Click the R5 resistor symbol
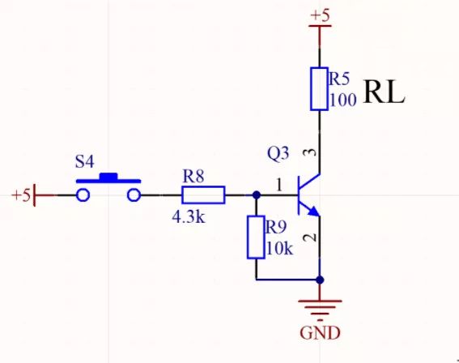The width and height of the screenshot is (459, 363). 319,89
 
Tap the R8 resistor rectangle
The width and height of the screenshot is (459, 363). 202,194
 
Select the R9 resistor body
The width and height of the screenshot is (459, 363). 256,237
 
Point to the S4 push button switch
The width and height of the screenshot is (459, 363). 108,189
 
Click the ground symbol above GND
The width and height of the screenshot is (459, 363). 320,308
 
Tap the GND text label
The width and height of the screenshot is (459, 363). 320,333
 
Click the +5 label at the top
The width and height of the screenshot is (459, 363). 320,15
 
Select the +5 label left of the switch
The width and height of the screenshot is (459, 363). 21,195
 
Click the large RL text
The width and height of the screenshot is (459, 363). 384,92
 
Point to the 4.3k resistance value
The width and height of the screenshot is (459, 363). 188,217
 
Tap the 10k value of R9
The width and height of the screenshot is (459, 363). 278,248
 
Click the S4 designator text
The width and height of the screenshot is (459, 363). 84,160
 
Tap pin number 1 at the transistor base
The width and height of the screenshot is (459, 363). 279,186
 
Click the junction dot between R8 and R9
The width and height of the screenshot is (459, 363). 256,194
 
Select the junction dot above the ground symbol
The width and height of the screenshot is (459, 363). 320,280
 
